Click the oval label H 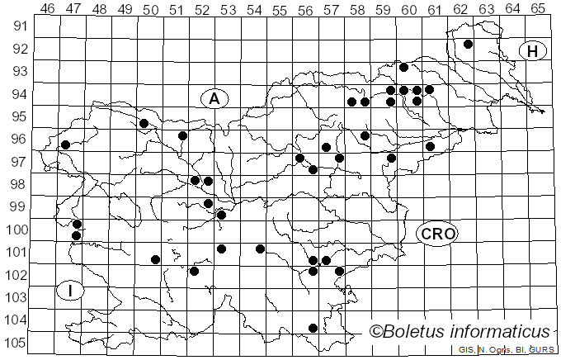(533, 51)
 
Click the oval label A (214, 98)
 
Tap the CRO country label (437, 234)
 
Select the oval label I (71, 291)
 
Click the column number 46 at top (47, 9)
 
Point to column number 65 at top (537, 9)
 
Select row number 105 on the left (18, 343)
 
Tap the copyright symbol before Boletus (375, 332)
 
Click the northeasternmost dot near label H (468, 45)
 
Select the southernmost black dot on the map (313, 328)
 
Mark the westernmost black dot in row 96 (65, 145)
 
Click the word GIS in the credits (466, 350)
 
